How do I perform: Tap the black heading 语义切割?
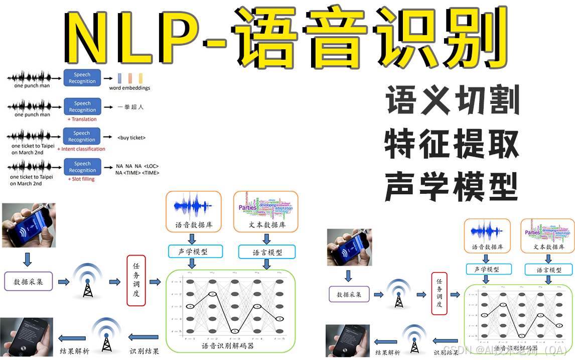pos(452,100)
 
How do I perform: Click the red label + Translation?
pos(82,119)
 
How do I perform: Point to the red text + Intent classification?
pos(81,149)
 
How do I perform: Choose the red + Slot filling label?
pos(81,179)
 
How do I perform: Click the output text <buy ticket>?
pos(131,137)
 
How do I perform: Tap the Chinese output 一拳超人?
pos(130,107)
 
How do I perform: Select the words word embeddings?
pos(129,88)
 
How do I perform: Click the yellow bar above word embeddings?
pos(141,78)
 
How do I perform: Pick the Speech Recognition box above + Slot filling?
pos(82,167)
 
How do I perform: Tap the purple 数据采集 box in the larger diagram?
pos(28,282)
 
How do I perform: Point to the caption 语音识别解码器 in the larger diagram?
pos(228,346)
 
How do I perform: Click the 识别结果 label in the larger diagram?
pos(145,351)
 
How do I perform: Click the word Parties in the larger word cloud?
pos(248,207)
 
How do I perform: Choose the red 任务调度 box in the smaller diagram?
pos(439,294)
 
